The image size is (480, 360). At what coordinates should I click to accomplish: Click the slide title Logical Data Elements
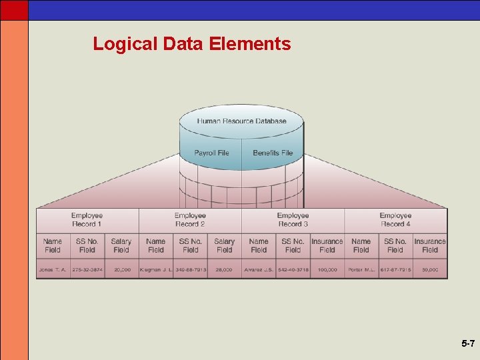tap(192, 44)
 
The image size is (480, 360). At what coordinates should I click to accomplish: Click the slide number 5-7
tap(467, 344)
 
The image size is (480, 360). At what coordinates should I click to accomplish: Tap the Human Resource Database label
tap(241, 121)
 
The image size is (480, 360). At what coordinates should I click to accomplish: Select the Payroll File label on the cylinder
tap(211, 153)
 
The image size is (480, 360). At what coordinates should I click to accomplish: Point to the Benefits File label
tap(273, 153)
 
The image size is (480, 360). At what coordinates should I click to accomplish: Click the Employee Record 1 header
tap(87, 220)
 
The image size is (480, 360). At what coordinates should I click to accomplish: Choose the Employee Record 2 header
tap(190, 220)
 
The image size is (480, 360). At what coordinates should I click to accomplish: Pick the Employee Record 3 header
tap(293, 220)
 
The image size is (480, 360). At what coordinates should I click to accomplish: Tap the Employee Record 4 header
tap(395, 220)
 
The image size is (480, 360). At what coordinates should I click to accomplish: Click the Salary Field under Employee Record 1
tap(121, 245)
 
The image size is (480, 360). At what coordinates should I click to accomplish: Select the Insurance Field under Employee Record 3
tap(327, 245)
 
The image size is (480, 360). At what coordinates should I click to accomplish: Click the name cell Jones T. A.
tap(53, 270)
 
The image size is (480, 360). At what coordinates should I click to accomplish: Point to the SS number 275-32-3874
tap(87, 270)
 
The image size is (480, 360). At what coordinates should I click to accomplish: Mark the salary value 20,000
tap(122, 270)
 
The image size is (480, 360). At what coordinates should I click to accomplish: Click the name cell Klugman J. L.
tap(156, 270)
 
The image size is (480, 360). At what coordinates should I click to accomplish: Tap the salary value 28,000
tap(225, 270)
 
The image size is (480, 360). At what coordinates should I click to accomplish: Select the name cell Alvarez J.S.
tap(259, 270)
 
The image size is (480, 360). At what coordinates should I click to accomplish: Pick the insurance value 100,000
tap(327, 270)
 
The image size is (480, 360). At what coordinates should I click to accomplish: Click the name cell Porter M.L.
tap(361, 270)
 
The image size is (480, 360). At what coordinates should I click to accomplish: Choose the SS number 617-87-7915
tap(396, 270)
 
